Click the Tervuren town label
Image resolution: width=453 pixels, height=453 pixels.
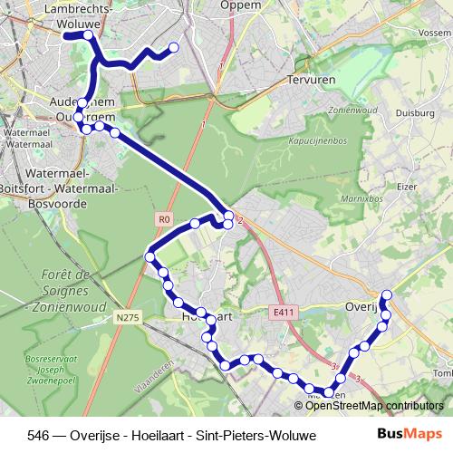[x=310, y=80]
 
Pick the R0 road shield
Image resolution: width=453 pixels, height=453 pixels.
[x=163, y=218]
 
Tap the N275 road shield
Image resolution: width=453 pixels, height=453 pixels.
[x=129, y=316]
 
